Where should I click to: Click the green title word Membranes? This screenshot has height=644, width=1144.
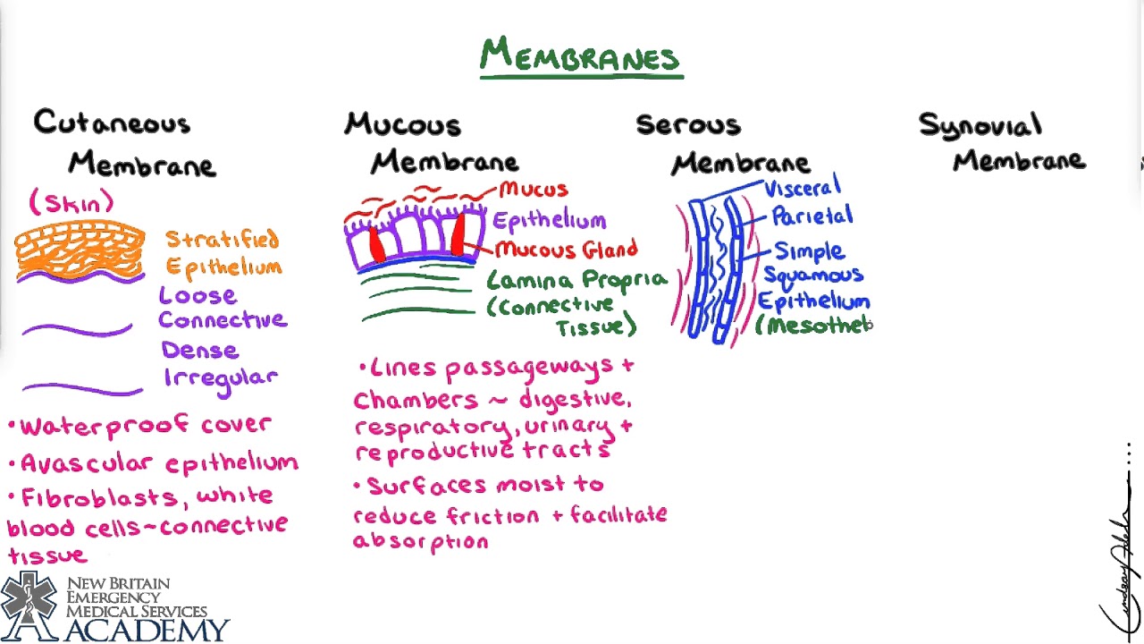(x=580, y=56)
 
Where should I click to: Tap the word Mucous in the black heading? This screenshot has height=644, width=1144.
(x=403, y=124)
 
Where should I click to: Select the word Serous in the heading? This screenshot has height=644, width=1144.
(x=688, y=124)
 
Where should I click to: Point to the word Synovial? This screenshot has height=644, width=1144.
(x=980, y=126)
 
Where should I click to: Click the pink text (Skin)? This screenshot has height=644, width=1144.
(x=71, y=203)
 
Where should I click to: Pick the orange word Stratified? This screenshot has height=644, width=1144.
(x=222, y=240)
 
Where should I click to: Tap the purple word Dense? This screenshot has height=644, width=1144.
(x=199, y=350)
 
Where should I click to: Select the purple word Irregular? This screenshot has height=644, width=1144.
(x=221, y=377)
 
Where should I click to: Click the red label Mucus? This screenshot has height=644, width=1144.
(x=534, y=190)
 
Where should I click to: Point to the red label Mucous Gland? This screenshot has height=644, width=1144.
(x=566, y=250)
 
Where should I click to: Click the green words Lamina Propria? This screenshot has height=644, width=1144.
(x=576, y=281)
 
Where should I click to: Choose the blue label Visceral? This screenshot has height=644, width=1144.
(x=802, y=188)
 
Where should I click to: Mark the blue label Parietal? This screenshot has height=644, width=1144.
(x=812, y=216)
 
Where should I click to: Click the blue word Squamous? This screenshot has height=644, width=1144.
(x=812, y=275)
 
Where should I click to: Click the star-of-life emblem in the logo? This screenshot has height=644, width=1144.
(x=30, y=606)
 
